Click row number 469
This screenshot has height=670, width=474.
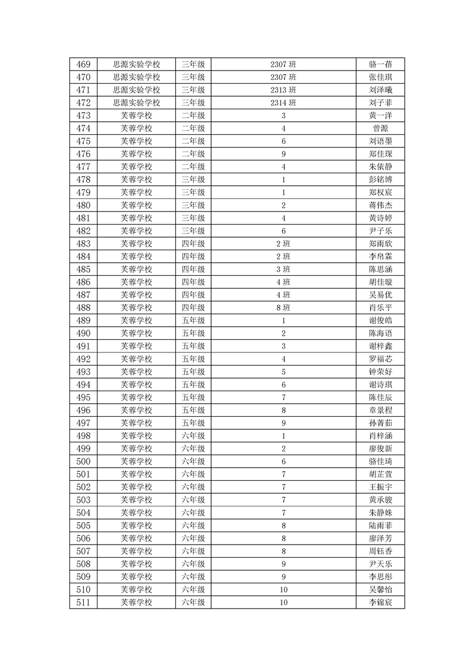[x=84, y=64]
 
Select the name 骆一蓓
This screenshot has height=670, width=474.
[x=381, y=64]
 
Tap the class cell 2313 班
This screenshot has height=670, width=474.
[x=283, y=90]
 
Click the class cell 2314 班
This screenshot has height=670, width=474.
[x=283, y=103]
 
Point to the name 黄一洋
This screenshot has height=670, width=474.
[x=381, y=116]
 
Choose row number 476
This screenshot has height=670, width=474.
[x=84, y=154]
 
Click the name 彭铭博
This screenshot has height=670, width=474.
[x=381, y=180]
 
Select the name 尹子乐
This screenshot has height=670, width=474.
[x=381, y=231]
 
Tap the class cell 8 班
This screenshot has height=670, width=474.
[x=283, y=308]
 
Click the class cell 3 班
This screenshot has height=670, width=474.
[x=283, y=269]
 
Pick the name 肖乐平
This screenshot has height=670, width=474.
[x=381, y=308]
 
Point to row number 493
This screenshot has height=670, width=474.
[x=84, y=372]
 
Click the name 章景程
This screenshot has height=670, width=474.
[x=381, y=410]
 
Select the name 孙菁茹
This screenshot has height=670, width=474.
[x=381, y=423]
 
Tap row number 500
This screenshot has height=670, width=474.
[x=84, y=462]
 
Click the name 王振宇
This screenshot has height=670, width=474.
[x=381, y=487]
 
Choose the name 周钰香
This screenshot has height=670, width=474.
[x=381, y=551]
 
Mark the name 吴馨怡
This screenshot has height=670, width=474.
[x=381, y=589]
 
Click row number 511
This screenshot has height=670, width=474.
[x=84, y=603]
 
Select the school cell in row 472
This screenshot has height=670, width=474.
[x=137, y=103]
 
